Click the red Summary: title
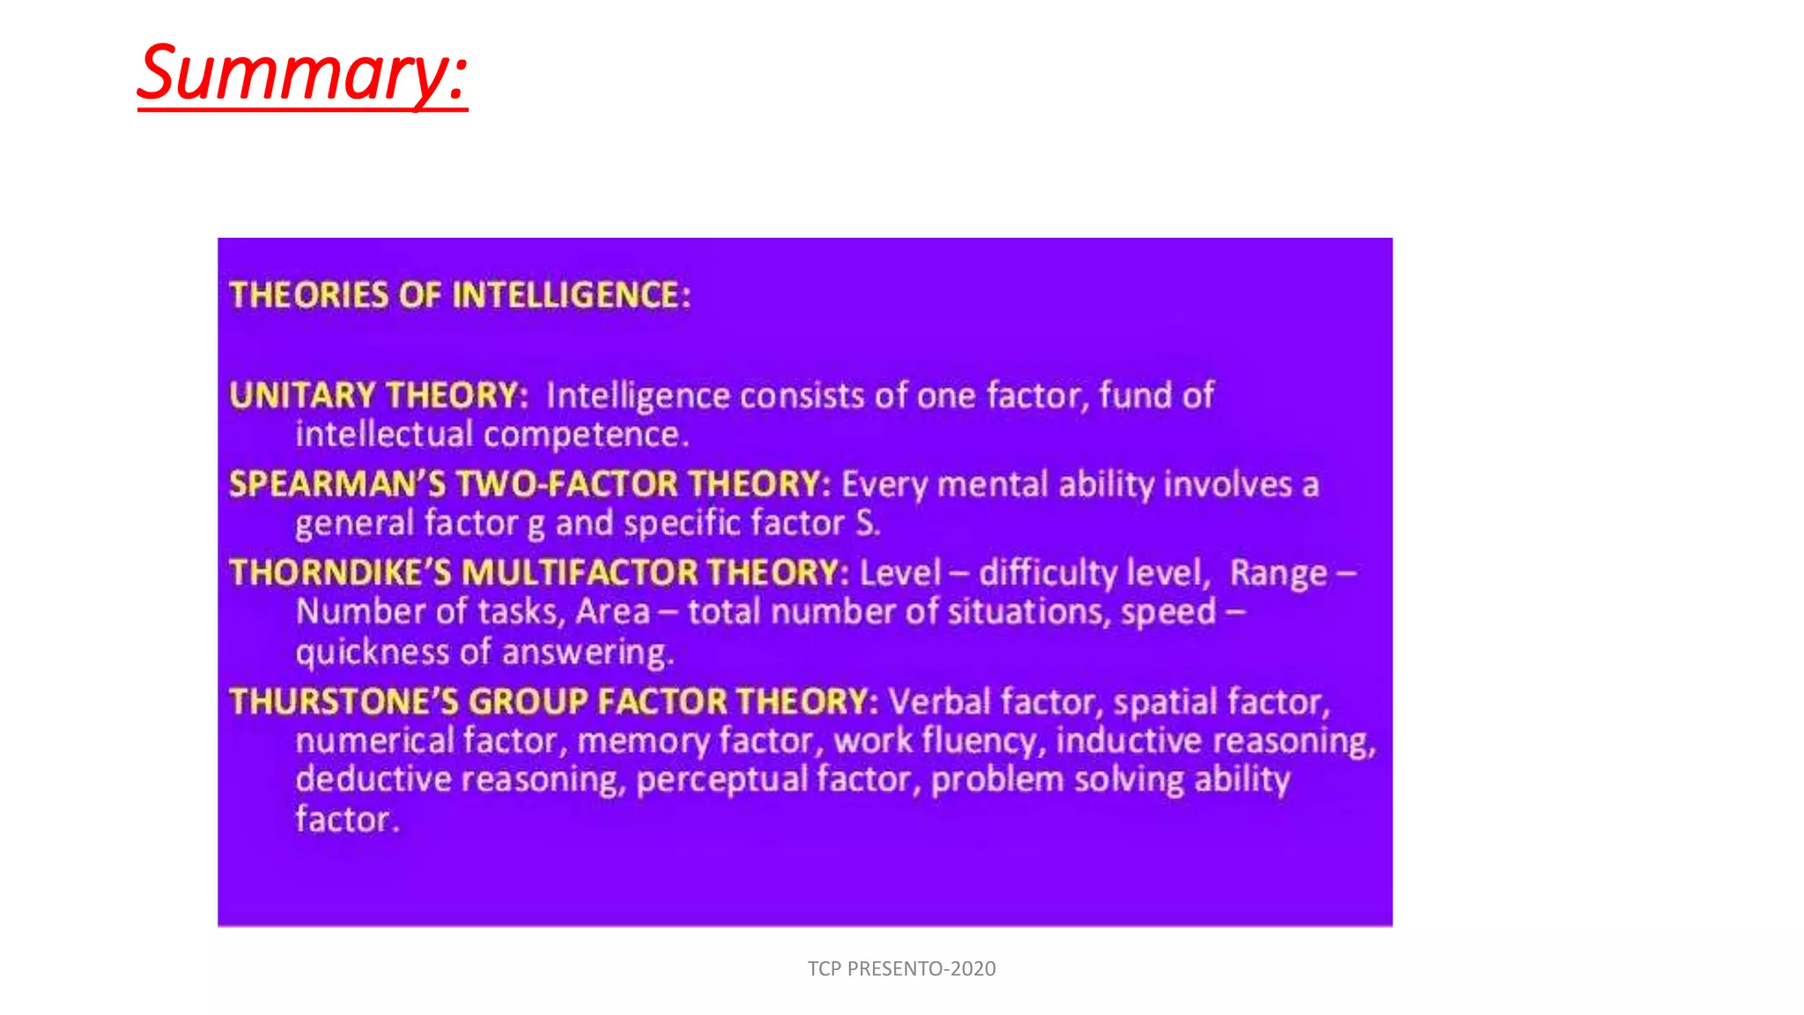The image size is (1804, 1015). coord(302,74)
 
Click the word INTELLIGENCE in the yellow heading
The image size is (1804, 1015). coord(572,295)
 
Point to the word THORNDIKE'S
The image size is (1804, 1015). coord(340,573)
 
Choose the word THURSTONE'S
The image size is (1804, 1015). coord(344,701)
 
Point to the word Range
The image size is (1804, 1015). coord(1278,574)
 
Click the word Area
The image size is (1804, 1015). coord(613,611)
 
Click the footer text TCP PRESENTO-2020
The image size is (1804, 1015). coord(901,969)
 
